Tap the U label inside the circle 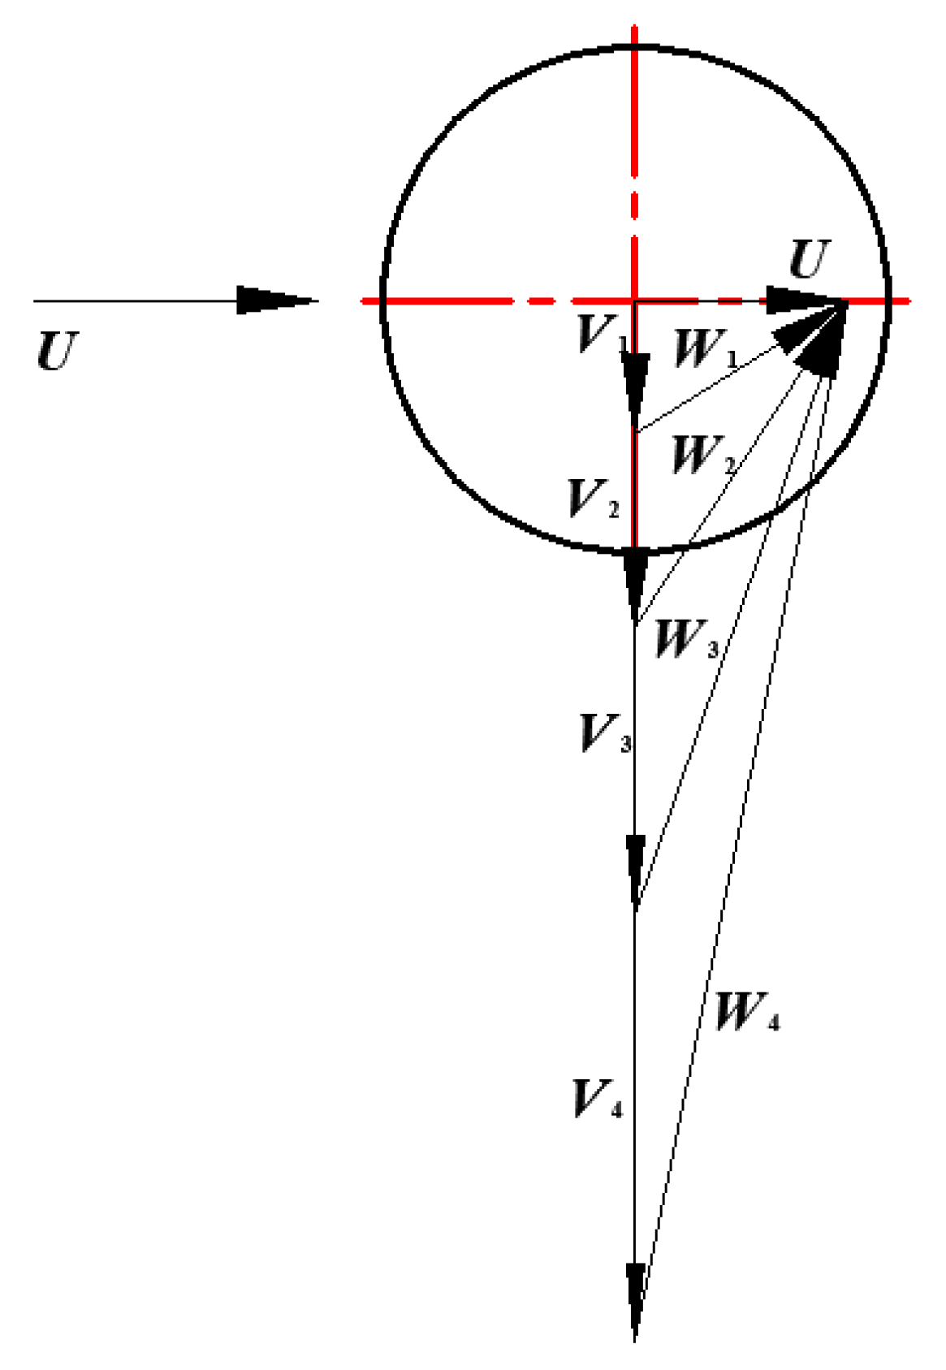pos(810,261)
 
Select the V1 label pos(602,333)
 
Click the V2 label pos(593,499)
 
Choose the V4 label pos(598,1100)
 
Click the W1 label pos(706,349)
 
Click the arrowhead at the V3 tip pos(635,869)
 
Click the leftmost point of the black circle pos(383,300)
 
